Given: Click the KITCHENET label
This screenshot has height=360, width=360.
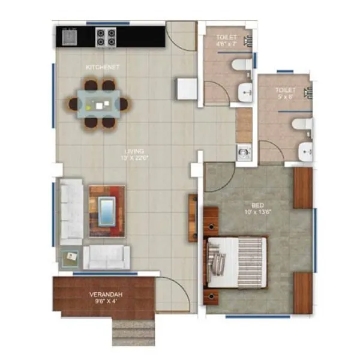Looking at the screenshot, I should click(x=103, y=67).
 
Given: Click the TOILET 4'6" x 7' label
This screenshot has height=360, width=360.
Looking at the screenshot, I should click(x=226, y=40).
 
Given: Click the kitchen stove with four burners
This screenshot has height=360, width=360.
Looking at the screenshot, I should click(x=106, y=37).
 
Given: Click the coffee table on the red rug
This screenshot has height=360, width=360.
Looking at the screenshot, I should click(x=107, y=211).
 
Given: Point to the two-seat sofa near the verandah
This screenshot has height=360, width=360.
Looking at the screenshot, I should click(x=106, y=257).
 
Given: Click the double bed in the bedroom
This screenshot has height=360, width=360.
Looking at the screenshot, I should click(x=235, y=262).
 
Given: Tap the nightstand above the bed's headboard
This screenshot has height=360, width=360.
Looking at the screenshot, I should click(x=211, y=221).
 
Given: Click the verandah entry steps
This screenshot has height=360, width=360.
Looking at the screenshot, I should click(x=133, y=331).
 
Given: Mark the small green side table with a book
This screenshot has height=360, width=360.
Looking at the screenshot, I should click(x=70, y=257).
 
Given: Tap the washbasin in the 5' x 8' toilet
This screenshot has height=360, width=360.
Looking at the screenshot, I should click(x=305, y=152).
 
